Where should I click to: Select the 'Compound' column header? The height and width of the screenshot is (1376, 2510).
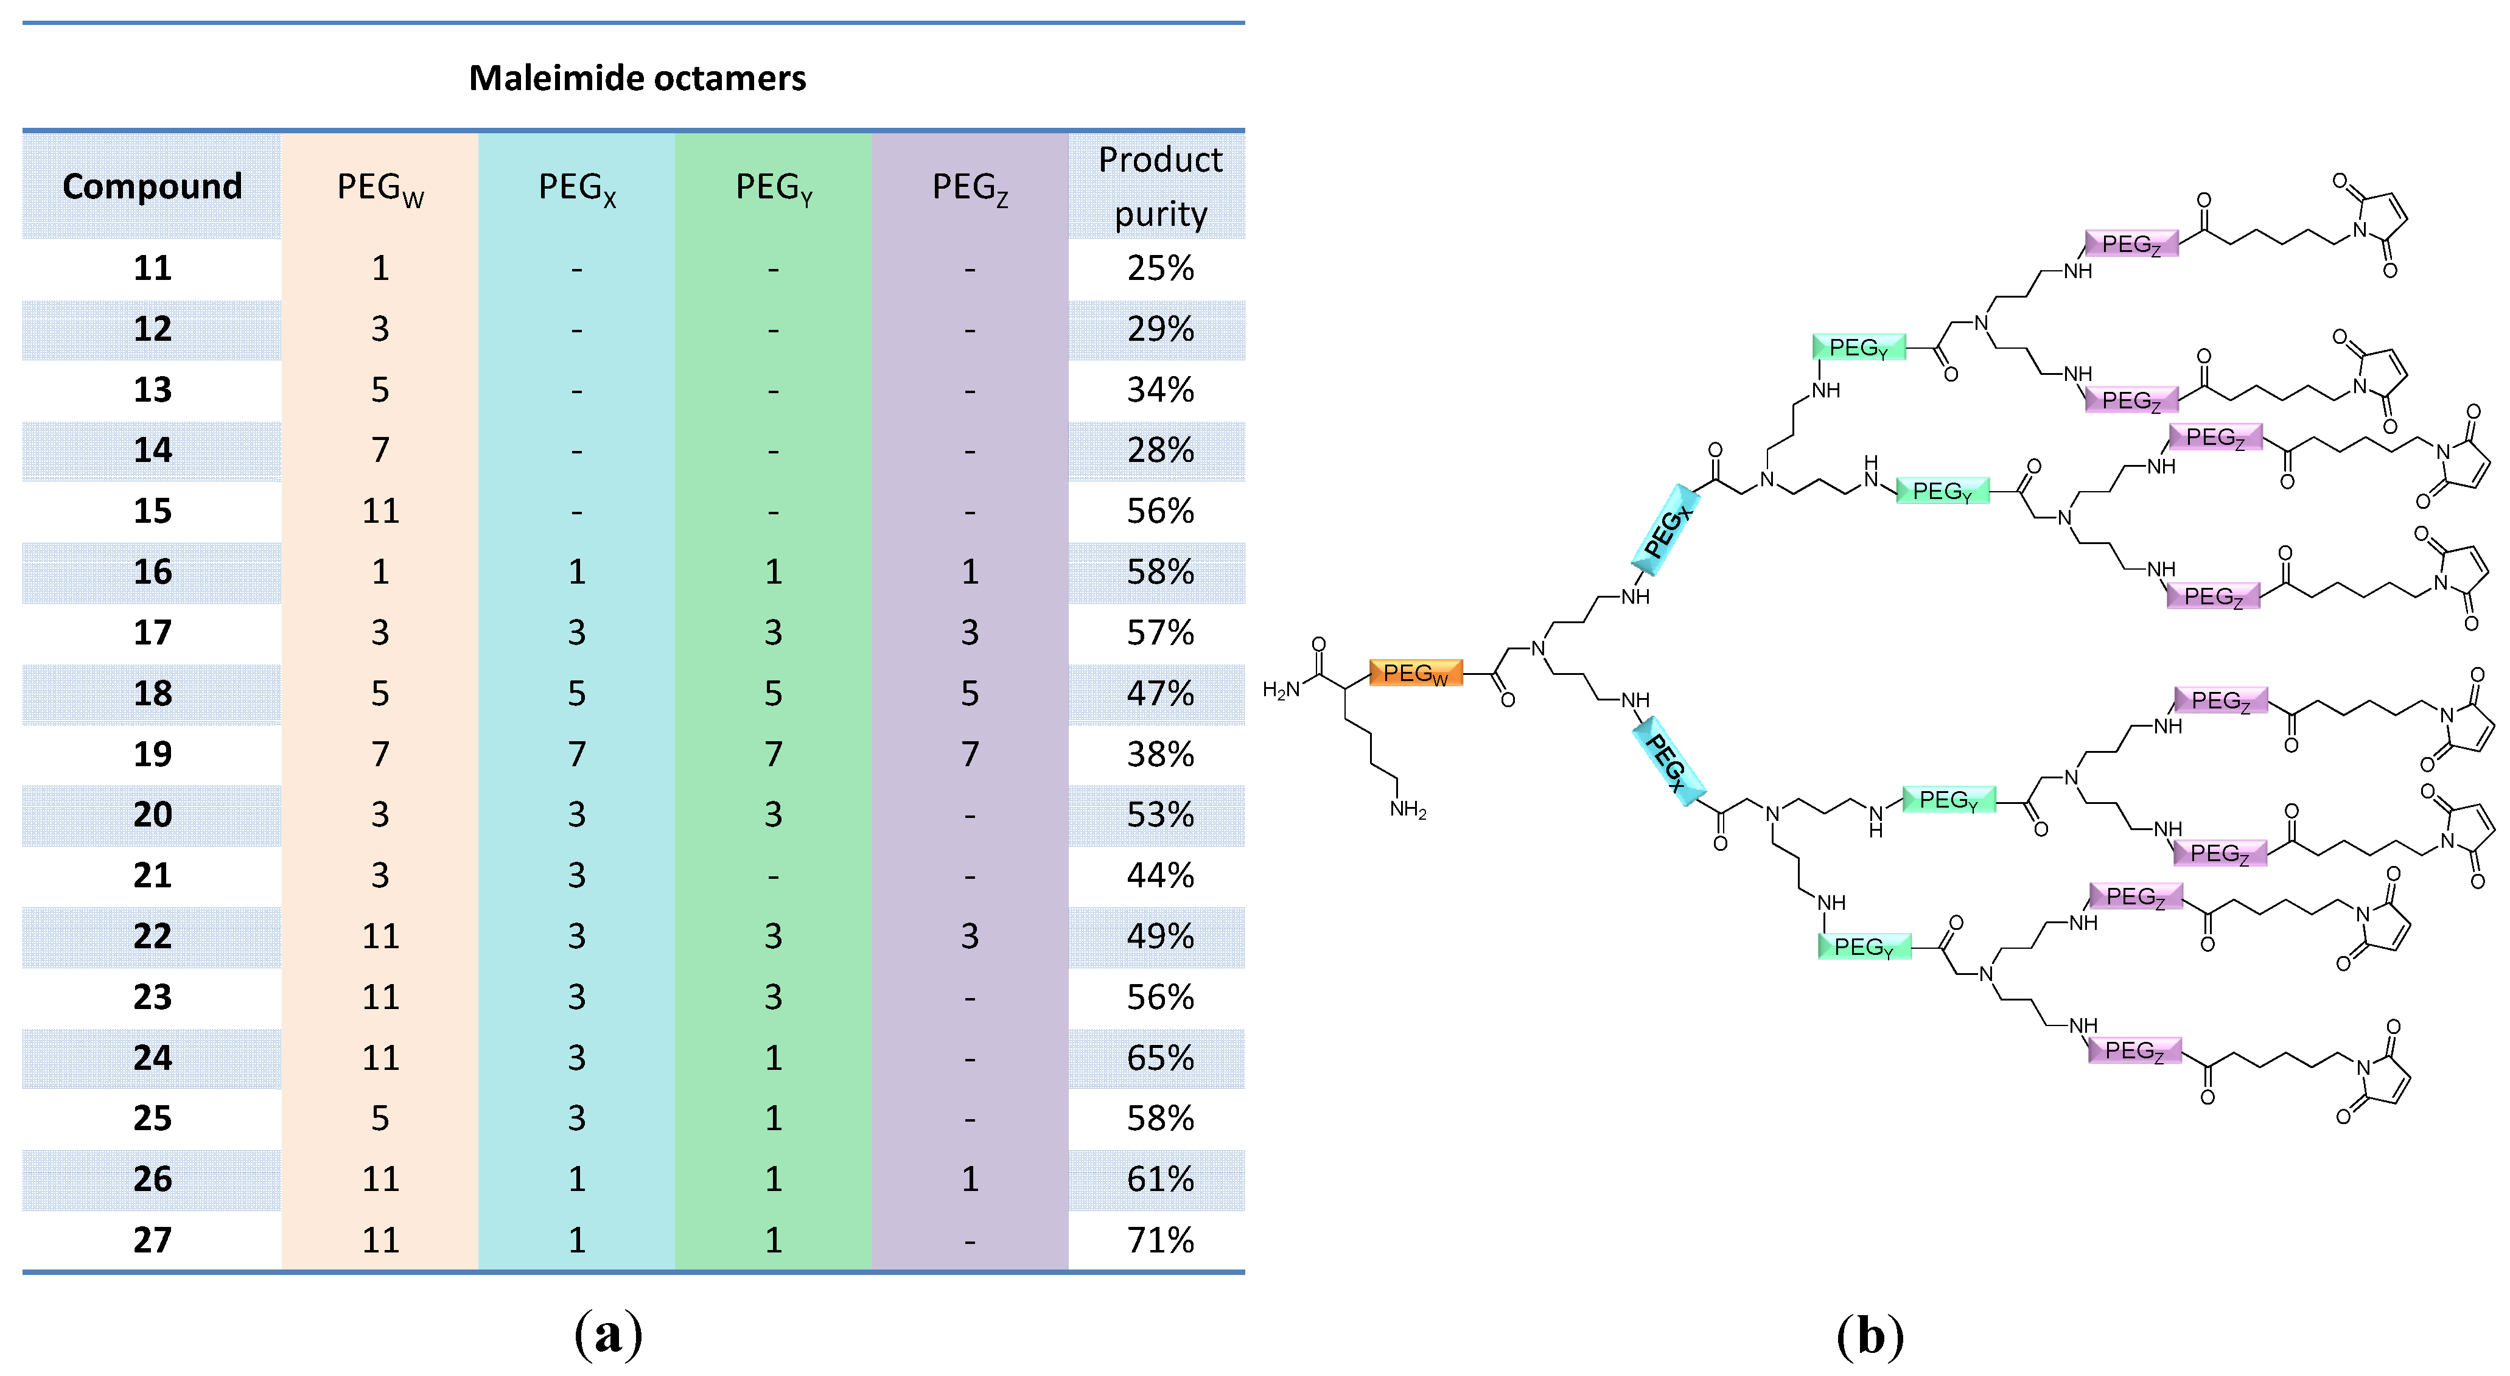152,185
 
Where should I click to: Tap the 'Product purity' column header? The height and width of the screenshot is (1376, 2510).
1159,185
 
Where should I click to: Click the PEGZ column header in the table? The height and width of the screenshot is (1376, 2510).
970,187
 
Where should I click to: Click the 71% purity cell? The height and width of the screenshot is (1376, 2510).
1159,1240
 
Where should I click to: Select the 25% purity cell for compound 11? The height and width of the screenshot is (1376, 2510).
1159,268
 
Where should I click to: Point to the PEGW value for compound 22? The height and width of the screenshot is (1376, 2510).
380,935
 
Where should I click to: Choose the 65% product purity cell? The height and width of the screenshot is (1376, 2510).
1159,1057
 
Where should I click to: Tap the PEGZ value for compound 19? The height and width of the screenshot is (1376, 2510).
970,753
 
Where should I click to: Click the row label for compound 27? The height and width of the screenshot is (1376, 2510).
152,1240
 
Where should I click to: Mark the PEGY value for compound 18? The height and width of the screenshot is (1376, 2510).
773,693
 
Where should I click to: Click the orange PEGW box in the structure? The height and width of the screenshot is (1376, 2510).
1415,672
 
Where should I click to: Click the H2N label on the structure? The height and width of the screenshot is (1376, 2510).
1281,690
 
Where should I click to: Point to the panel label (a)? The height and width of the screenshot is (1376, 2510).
608,1333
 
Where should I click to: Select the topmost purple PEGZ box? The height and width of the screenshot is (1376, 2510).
2131,243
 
